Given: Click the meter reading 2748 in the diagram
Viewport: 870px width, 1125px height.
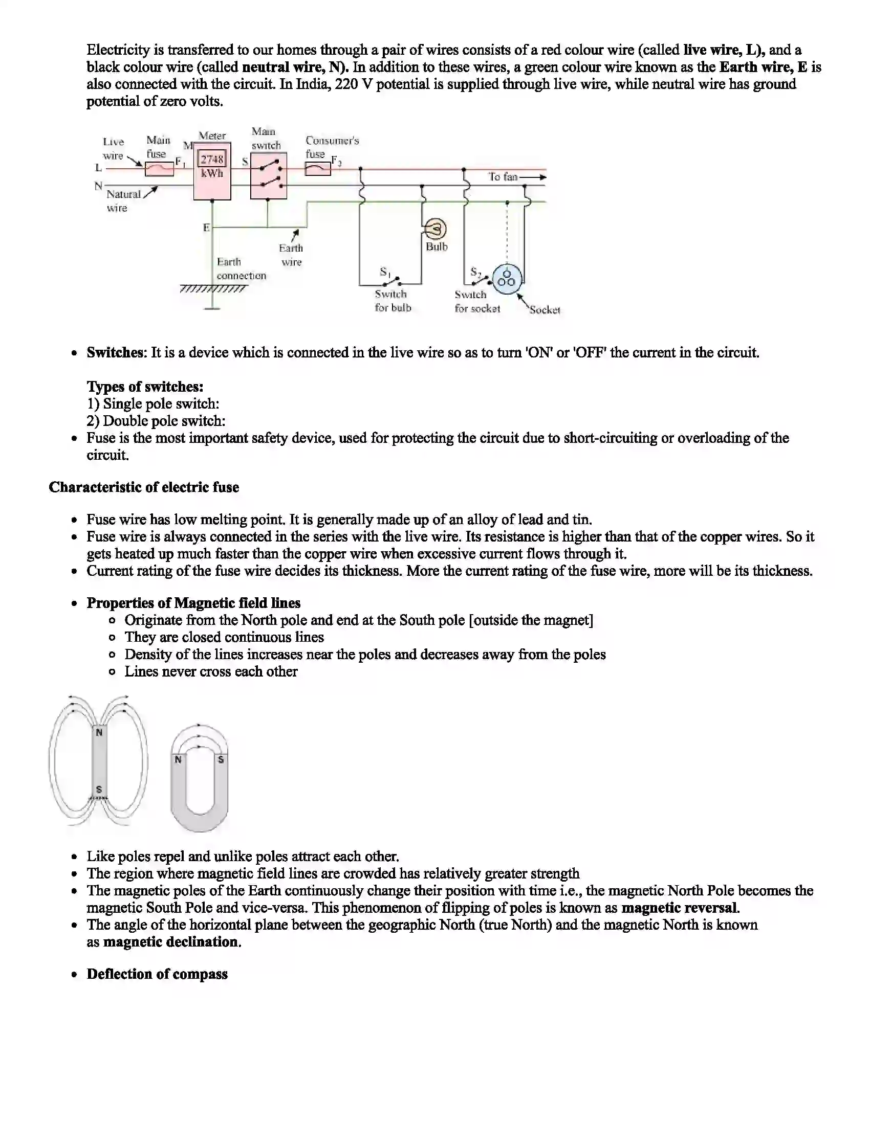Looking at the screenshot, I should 212,159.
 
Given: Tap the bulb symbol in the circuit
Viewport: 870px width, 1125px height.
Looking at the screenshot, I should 436,229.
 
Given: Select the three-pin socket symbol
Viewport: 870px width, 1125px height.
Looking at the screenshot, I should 507,279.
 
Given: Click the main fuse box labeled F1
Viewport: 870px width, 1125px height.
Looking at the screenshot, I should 159,168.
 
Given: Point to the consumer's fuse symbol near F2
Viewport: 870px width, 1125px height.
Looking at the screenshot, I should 317,168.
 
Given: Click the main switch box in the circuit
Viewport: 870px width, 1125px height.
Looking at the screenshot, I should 268,175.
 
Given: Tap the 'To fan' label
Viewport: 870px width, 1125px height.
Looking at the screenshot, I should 503,177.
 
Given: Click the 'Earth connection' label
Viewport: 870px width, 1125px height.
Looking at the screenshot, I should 241,268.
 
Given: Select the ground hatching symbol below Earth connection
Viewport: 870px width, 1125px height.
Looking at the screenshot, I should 213,289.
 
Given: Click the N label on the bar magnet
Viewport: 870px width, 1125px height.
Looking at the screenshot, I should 99,732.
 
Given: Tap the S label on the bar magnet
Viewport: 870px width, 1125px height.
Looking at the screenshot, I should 99,789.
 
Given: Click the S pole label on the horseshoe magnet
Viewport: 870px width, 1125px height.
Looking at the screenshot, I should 221,759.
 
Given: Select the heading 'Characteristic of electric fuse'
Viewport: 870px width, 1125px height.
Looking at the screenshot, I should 144,487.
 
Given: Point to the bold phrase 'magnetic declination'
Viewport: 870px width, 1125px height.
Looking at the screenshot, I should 172,941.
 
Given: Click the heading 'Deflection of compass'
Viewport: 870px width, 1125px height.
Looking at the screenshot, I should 157,974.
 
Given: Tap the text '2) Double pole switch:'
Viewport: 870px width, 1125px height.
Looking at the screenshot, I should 156,421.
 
